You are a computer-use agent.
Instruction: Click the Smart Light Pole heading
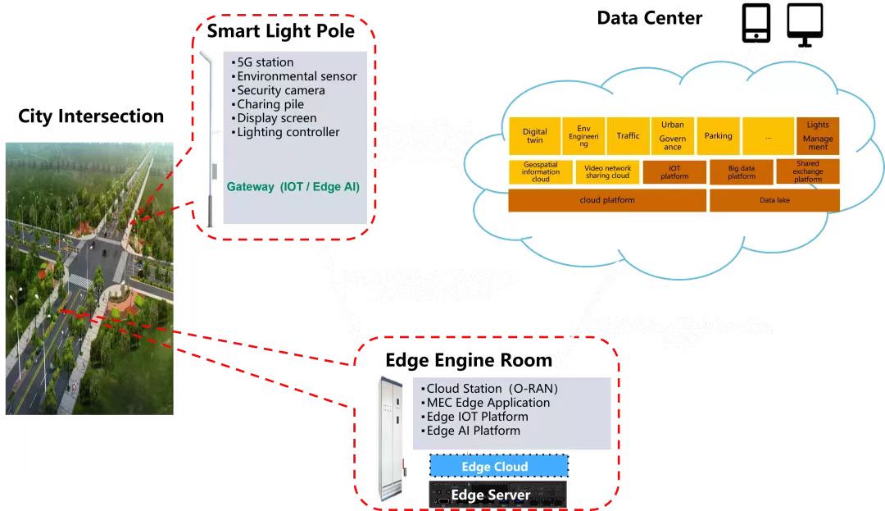pos(280,32)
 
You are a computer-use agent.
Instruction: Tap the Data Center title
pos(649,18)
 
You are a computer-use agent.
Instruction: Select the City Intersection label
pos(91,116)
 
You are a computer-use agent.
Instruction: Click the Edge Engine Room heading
pos(469,360)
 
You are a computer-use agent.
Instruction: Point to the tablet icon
pos(756,23)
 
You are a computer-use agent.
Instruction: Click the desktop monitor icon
pos(805,23)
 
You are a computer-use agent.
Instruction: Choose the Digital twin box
pos(534,136)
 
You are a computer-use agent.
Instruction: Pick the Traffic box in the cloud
pos(628,136)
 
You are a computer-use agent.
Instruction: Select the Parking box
pos(718,136)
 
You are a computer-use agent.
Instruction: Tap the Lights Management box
pos(818,136)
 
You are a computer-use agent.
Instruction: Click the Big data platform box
pos(742,171)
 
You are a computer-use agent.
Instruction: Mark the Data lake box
pos(774,200)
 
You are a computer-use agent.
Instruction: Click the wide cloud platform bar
pos(607,200)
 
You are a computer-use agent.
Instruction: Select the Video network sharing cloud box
pos(607,171)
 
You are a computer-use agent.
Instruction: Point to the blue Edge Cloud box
pos(495,467)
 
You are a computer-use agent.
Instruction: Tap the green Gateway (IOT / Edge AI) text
pos(293,187)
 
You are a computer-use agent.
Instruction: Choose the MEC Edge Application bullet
pos(488,403)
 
